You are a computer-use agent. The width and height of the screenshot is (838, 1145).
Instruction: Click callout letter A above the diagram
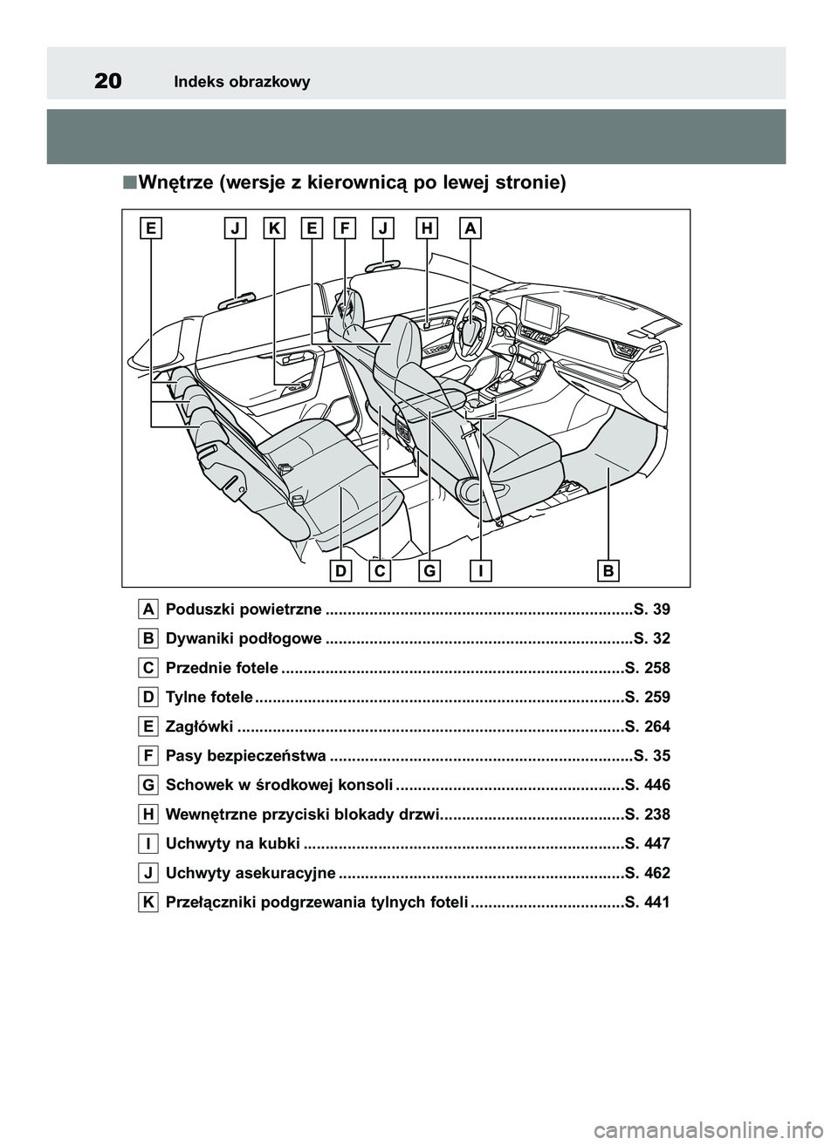coord(470,228)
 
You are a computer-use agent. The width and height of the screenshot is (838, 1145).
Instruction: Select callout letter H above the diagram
coord(427,228)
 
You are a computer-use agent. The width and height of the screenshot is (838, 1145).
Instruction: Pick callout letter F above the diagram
coord(345,228)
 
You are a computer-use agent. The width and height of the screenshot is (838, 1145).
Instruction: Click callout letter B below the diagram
coord(608,571)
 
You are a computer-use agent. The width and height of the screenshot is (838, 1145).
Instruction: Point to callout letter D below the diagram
coord(341,571)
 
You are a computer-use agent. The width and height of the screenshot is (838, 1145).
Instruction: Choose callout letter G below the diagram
coord(429,571)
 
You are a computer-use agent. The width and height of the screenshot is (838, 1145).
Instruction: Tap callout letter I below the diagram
coord(480,571)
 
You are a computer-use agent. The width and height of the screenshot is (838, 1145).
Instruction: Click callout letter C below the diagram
coord(380,571)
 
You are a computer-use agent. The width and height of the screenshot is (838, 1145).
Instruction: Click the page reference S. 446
coord(648,785)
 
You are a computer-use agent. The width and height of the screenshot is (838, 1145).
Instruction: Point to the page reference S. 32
coord(652,638)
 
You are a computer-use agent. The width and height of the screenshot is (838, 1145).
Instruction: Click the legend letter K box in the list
coord(148,902)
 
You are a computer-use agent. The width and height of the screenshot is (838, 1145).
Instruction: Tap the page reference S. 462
coord(648,873)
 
